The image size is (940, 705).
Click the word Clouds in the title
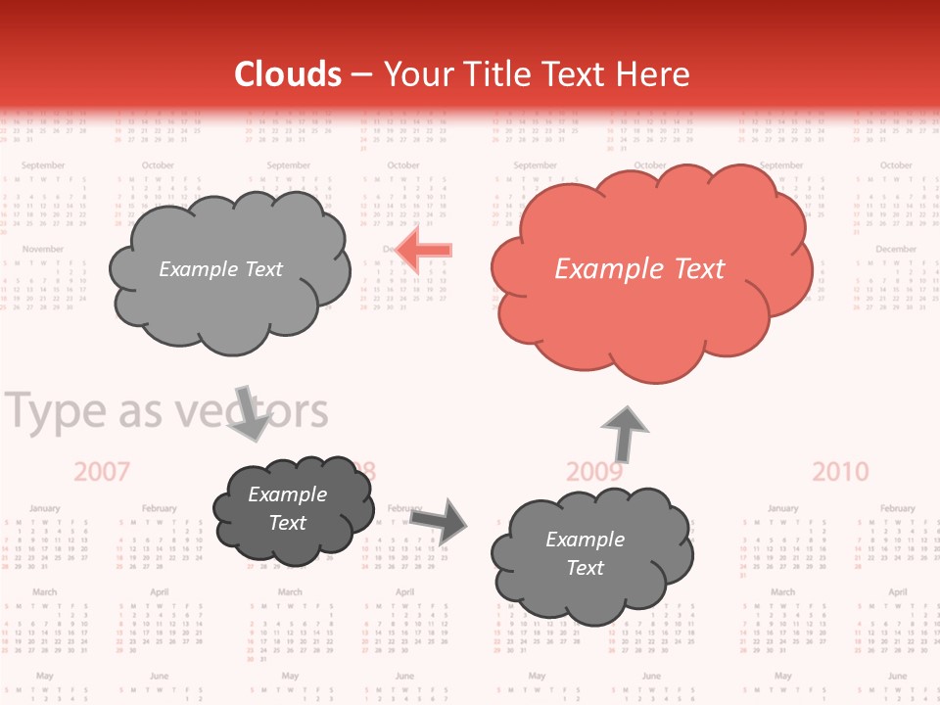[288, 74]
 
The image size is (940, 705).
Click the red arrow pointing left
[427, 250]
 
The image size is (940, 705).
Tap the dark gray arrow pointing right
[439, 519]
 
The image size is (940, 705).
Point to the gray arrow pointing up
[624, 434]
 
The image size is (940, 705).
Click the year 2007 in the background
[102, 472]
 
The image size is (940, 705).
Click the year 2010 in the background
[840, 472]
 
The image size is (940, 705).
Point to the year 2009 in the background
[594, 473]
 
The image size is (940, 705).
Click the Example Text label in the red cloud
[639, 269]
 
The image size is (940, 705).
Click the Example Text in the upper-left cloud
[220, 269]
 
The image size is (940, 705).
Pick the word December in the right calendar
[895, 250]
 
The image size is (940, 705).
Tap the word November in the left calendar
[43, 250]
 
